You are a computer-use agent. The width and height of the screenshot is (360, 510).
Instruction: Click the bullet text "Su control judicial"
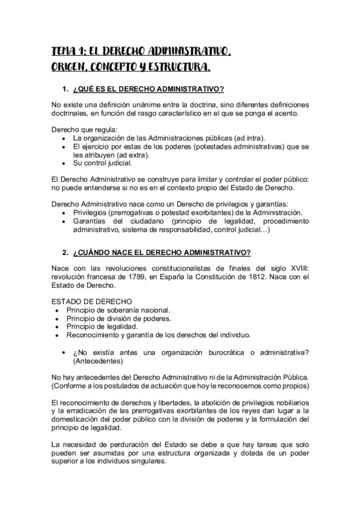click(102, 162)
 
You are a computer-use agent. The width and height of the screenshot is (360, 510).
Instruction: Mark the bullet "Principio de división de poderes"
click(118, 319)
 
